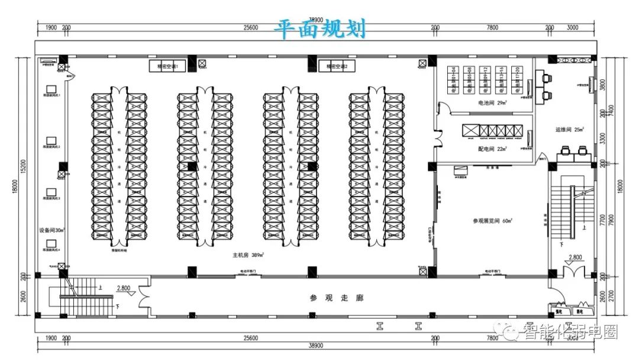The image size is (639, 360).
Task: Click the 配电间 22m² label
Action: click(x=493, y=149)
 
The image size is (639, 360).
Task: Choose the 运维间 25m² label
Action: click(x=570, y=130)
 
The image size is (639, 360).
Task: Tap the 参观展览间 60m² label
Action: click(x=492, y=221)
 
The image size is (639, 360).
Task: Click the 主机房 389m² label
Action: click(x=248, y=255)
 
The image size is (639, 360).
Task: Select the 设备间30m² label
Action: click(x=52, y=230)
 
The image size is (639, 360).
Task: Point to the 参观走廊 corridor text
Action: click(x=337, y=298)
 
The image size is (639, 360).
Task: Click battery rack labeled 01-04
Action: click(x=454, y=79)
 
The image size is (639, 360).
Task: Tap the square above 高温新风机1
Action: click(x=51, y=89)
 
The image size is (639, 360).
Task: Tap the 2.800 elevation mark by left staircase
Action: click(x=124, y=288)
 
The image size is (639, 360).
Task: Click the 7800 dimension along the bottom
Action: click(x=492, y=338)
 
